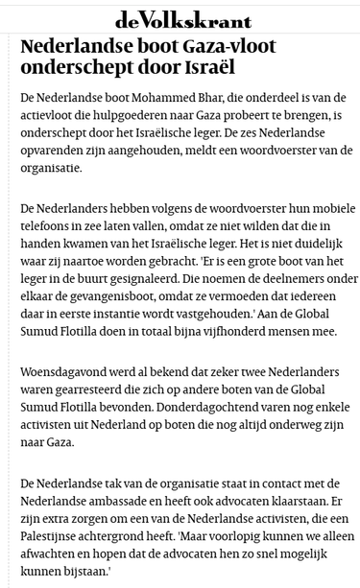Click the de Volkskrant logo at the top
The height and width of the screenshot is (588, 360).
click(x=182, y=19)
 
